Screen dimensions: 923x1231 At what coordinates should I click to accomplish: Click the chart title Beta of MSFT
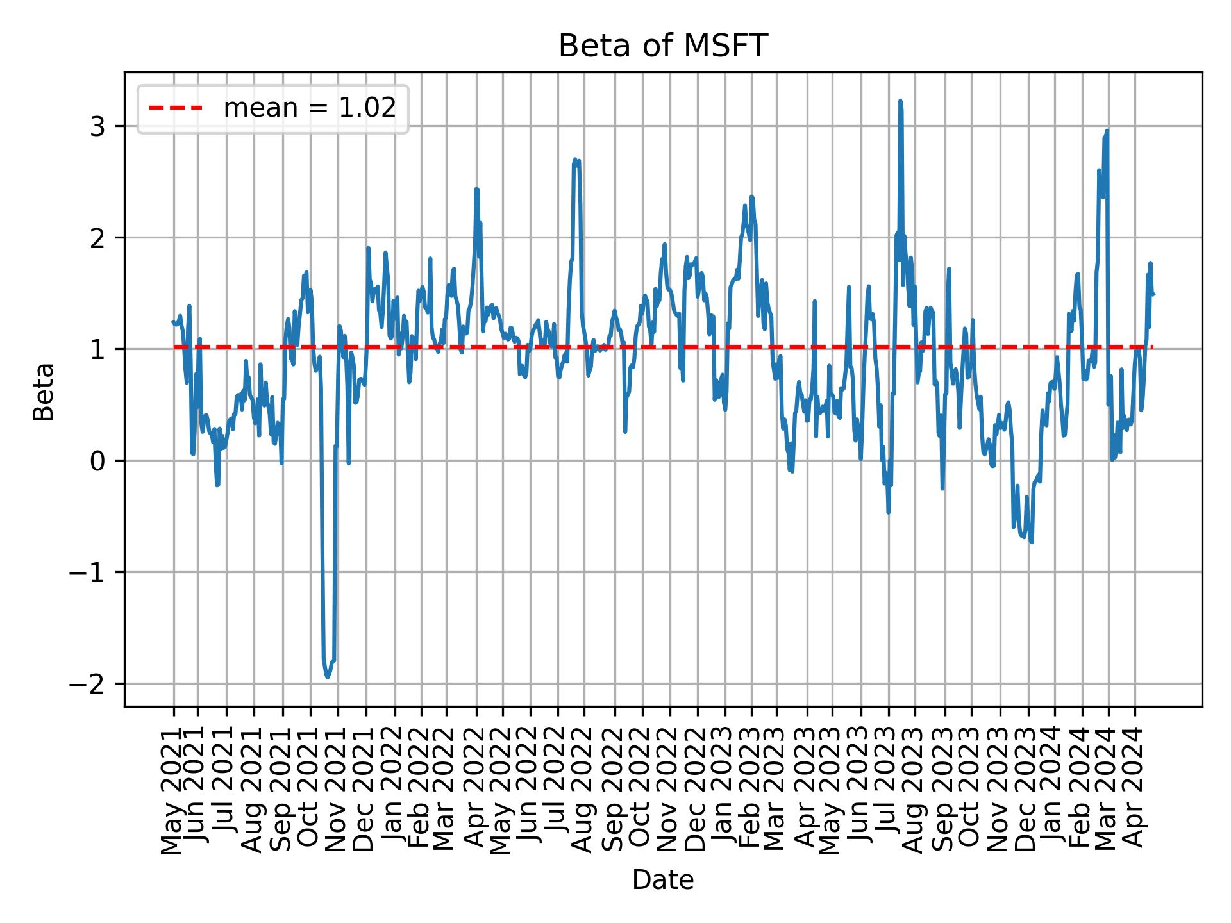(663, 46)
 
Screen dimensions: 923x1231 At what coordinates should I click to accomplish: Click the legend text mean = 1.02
(310, 108)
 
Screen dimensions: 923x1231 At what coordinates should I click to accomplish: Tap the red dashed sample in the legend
(176, 108)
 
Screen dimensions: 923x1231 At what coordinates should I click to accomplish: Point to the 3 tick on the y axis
(98, 126)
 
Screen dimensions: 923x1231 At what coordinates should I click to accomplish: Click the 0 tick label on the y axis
(98, 462)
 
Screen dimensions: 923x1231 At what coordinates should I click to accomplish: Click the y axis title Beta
(44, 392)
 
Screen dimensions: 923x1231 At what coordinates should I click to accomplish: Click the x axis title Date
(663, 880)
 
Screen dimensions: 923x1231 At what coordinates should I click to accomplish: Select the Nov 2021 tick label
(337, 794)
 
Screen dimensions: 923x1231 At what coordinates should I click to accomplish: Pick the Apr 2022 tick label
(476, 794)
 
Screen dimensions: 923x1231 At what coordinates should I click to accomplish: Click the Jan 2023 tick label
(725, 794)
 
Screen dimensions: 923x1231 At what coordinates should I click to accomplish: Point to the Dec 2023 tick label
(1026, 794)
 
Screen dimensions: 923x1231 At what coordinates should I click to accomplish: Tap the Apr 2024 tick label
(1135, 794)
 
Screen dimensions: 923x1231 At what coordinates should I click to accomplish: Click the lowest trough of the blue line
(328, 678)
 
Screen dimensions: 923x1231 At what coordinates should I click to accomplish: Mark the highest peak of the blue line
(900, 101)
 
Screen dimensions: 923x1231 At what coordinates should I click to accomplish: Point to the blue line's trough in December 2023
(1032, 542)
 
